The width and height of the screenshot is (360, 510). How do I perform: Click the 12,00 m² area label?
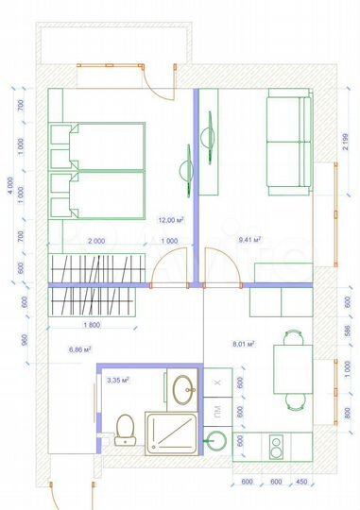(x=170, y=219)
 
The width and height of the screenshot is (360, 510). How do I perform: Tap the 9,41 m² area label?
(x=250, y=240)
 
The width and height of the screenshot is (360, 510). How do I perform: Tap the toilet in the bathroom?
(x=123, y=430)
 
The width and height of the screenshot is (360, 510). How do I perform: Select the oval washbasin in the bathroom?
(x=183, y=387)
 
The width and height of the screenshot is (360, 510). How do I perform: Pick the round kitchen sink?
(x=217, y=440)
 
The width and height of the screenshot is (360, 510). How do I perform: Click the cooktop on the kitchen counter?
(x=279, y=445)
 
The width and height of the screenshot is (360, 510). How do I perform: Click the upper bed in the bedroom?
(x=98, y=146)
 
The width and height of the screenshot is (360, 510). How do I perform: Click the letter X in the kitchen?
(x=217, y=384)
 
